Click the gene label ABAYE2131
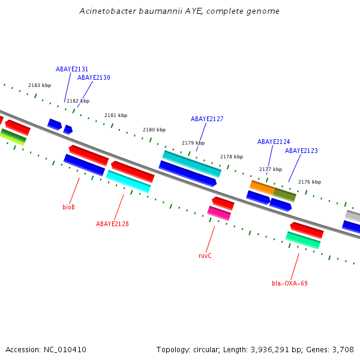point(72,69)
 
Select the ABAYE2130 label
point(94,77)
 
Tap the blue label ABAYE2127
point(207,119)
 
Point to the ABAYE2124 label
point(274,142)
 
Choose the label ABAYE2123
point(301,151)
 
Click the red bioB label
point(68,207)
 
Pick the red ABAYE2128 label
point(112,224)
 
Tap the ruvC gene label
point(205,256)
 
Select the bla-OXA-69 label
point(289,283)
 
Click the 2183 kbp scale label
point(40,85)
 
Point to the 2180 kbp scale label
point(154,130)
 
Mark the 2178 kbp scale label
point(232,157)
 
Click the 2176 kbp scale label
point(310,182)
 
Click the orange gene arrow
point(262,187)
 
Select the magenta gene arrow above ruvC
point(219,213)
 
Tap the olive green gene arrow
point(285,194)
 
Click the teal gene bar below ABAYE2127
point(192,164)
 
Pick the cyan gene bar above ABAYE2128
point(128,182)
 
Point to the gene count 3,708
point(342,349)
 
